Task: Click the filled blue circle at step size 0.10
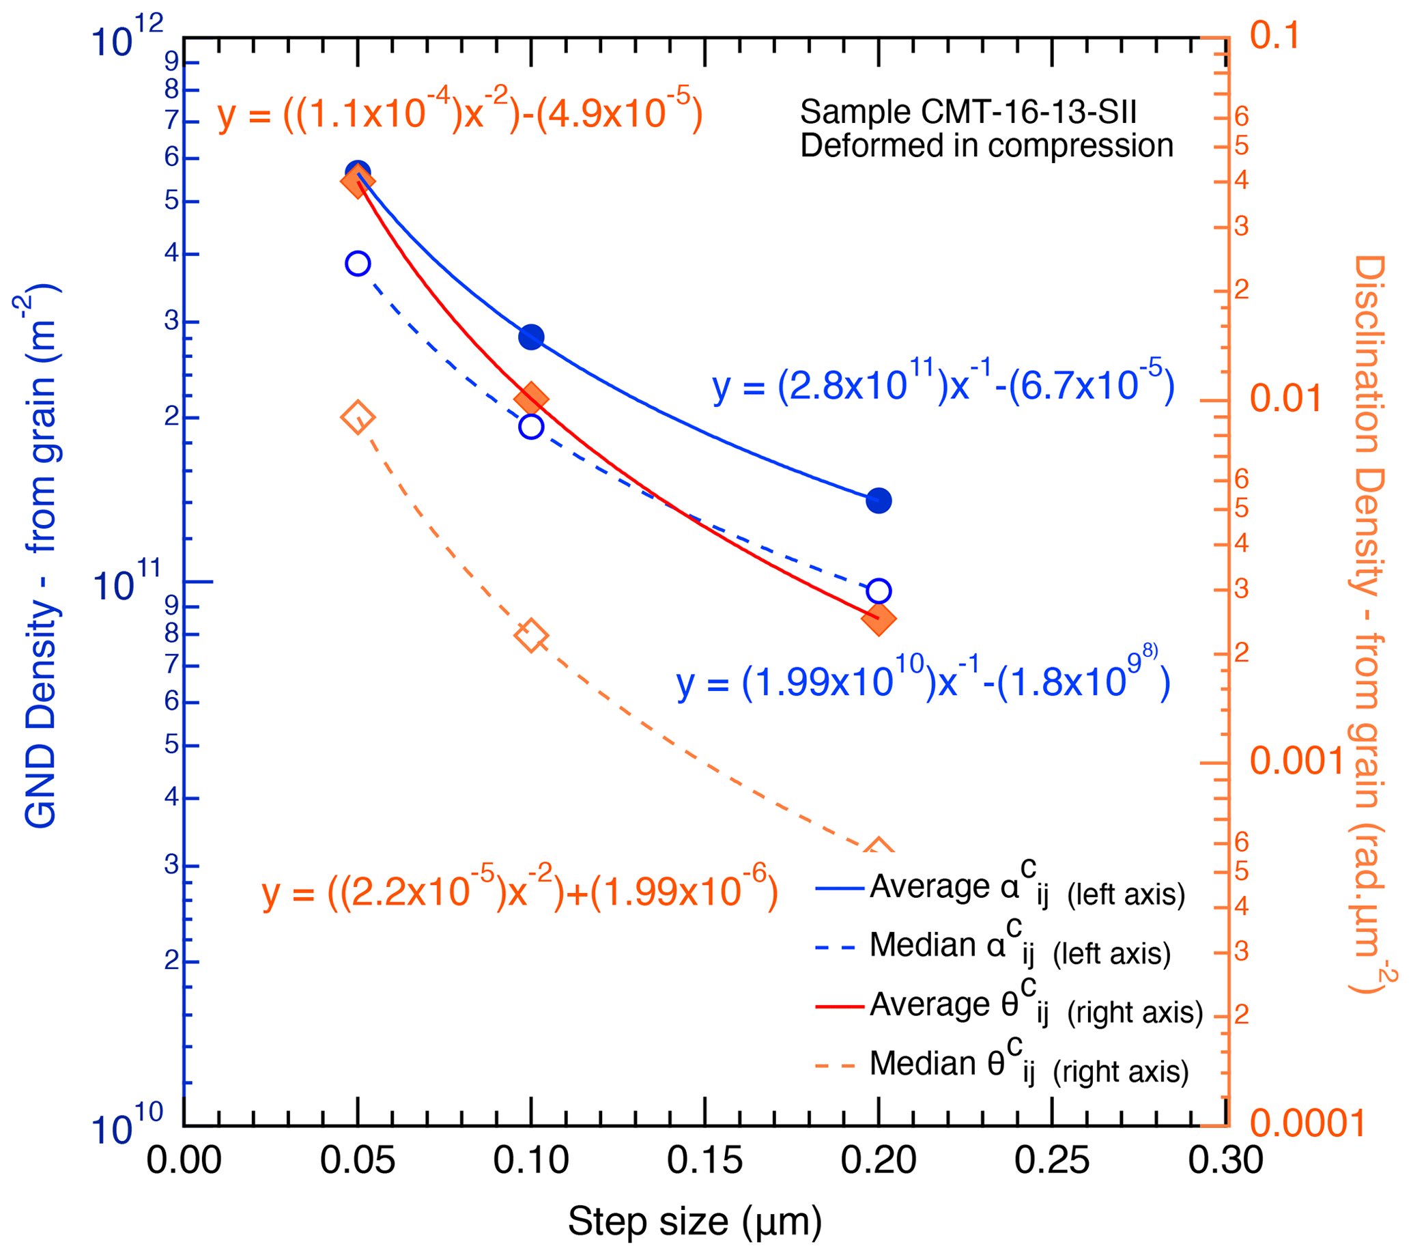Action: coord(531,337)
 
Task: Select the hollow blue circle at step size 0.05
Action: coord(358,263)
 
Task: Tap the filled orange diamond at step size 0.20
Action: coord(878,619)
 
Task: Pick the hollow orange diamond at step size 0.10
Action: coord(531,635)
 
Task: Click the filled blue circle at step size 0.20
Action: coord(878,500)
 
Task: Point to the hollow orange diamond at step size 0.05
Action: coord(358,417)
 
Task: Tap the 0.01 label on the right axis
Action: coord(1285,398)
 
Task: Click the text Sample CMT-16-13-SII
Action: coord(968,112)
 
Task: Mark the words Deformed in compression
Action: coord(986,145)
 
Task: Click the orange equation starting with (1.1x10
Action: coord(459,112)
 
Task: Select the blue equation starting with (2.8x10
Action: coord(942,384)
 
